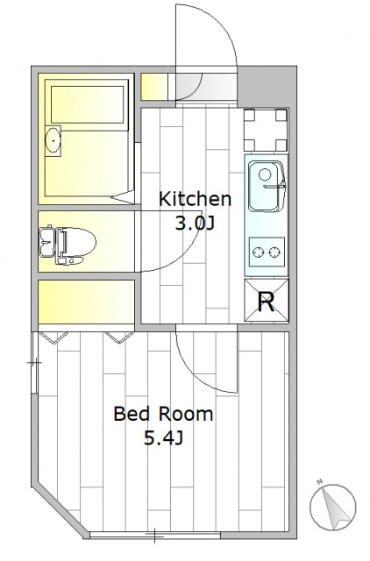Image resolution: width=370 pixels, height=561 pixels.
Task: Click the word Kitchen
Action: tap(195, 199)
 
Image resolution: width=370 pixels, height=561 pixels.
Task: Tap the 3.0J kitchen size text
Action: tap(194, 224)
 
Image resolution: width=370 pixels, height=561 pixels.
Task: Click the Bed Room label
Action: tap(163, 414)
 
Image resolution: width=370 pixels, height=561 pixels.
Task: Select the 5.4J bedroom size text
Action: tap(164, 438)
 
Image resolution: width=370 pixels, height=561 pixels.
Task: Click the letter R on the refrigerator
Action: tap(267, 302)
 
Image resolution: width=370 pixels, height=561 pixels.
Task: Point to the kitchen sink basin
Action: tap(266, 186)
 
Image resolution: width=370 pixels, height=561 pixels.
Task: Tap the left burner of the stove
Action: tap(258, 252)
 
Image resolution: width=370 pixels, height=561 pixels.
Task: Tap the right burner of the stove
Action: tap(274, 252)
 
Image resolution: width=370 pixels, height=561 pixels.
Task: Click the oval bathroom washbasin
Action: tap(53, 140)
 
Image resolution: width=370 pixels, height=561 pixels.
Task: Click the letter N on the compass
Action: tap(320, 481)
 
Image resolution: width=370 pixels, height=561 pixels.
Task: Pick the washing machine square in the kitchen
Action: tap(266, 131)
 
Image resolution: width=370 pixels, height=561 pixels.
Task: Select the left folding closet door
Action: tap(53, 337)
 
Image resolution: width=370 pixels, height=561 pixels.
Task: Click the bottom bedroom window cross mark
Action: tap(154, 536)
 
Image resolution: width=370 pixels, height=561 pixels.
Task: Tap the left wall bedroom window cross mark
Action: tap(35, 363)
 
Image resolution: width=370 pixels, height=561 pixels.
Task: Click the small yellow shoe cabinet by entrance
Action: tap(154, 87)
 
